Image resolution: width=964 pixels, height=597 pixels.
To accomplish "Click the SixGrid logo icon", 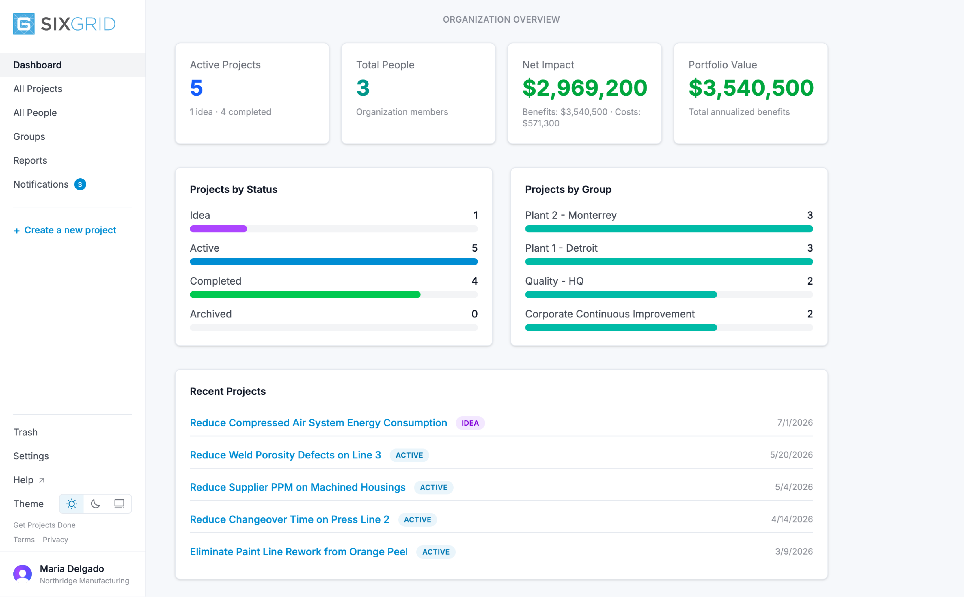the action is (24, 24).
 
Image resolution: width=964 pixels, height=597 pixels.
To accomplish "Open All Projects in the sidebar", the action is (38, 89).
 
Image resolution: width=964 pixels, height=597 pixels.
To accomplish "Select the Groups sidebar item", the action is (29, 136).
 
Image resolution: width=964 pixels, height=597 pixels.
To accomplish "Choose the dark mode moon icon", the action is (96, 504).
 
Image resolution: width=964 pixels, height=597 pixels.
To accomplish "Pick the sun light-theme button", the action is (72, 504).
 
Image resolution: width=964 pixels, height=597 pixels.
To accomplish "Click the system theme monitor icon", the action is (119, 504).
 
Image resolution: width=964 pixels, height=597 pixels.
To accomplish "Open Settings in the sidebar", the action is (31, 456).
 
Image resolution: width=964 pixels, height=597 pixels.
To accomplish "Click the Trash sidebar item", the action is (25, 432).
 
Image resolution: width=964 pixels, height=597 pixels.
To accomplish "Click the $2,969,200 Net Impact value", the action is (585, 88).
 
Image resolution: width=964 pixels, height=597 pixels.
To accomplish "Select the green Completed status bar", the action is (305, 295).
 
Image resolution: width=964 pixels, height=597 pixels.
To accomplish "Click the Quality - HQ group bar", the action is (621, 295).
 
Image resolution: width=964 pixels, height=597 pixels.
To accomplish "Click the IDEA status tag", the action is (470, 423).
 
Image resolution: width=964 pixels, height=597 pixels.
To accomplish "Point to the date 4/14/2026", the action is (792, 519).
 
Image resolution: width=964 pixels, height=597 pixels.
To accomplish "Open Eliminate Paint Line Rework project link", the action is (299, 552).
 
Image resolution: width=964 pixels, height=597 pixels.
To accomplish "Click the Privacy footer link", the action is (55, 540).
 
